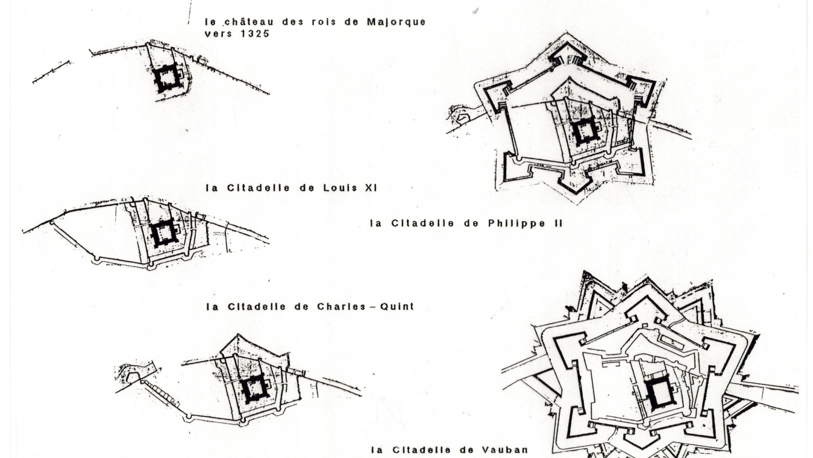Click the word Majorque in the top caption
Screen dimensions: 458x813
pos(396,22)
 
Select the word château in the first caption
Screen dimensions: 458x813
pos(243,22)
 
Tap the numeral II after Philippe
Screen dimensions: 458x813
pos(557,223)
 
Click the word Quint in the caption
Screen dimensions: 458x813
pos(397,306)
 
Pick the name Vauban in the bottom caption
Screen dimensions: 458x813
pos(505,450)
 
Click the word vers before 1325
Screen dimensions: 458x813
pos(218,34)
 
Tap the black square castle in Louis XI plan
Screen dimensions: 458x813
pos(164,233)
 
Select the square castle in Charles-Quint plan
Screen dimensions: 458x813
pos(255,389)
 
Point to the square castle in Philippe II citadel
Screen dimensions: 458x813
pos(585,131)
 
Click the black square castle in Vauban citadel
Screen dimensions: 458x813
pos(659,392)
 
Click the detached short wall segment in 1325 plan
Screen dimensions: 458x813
pos(51,72)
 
